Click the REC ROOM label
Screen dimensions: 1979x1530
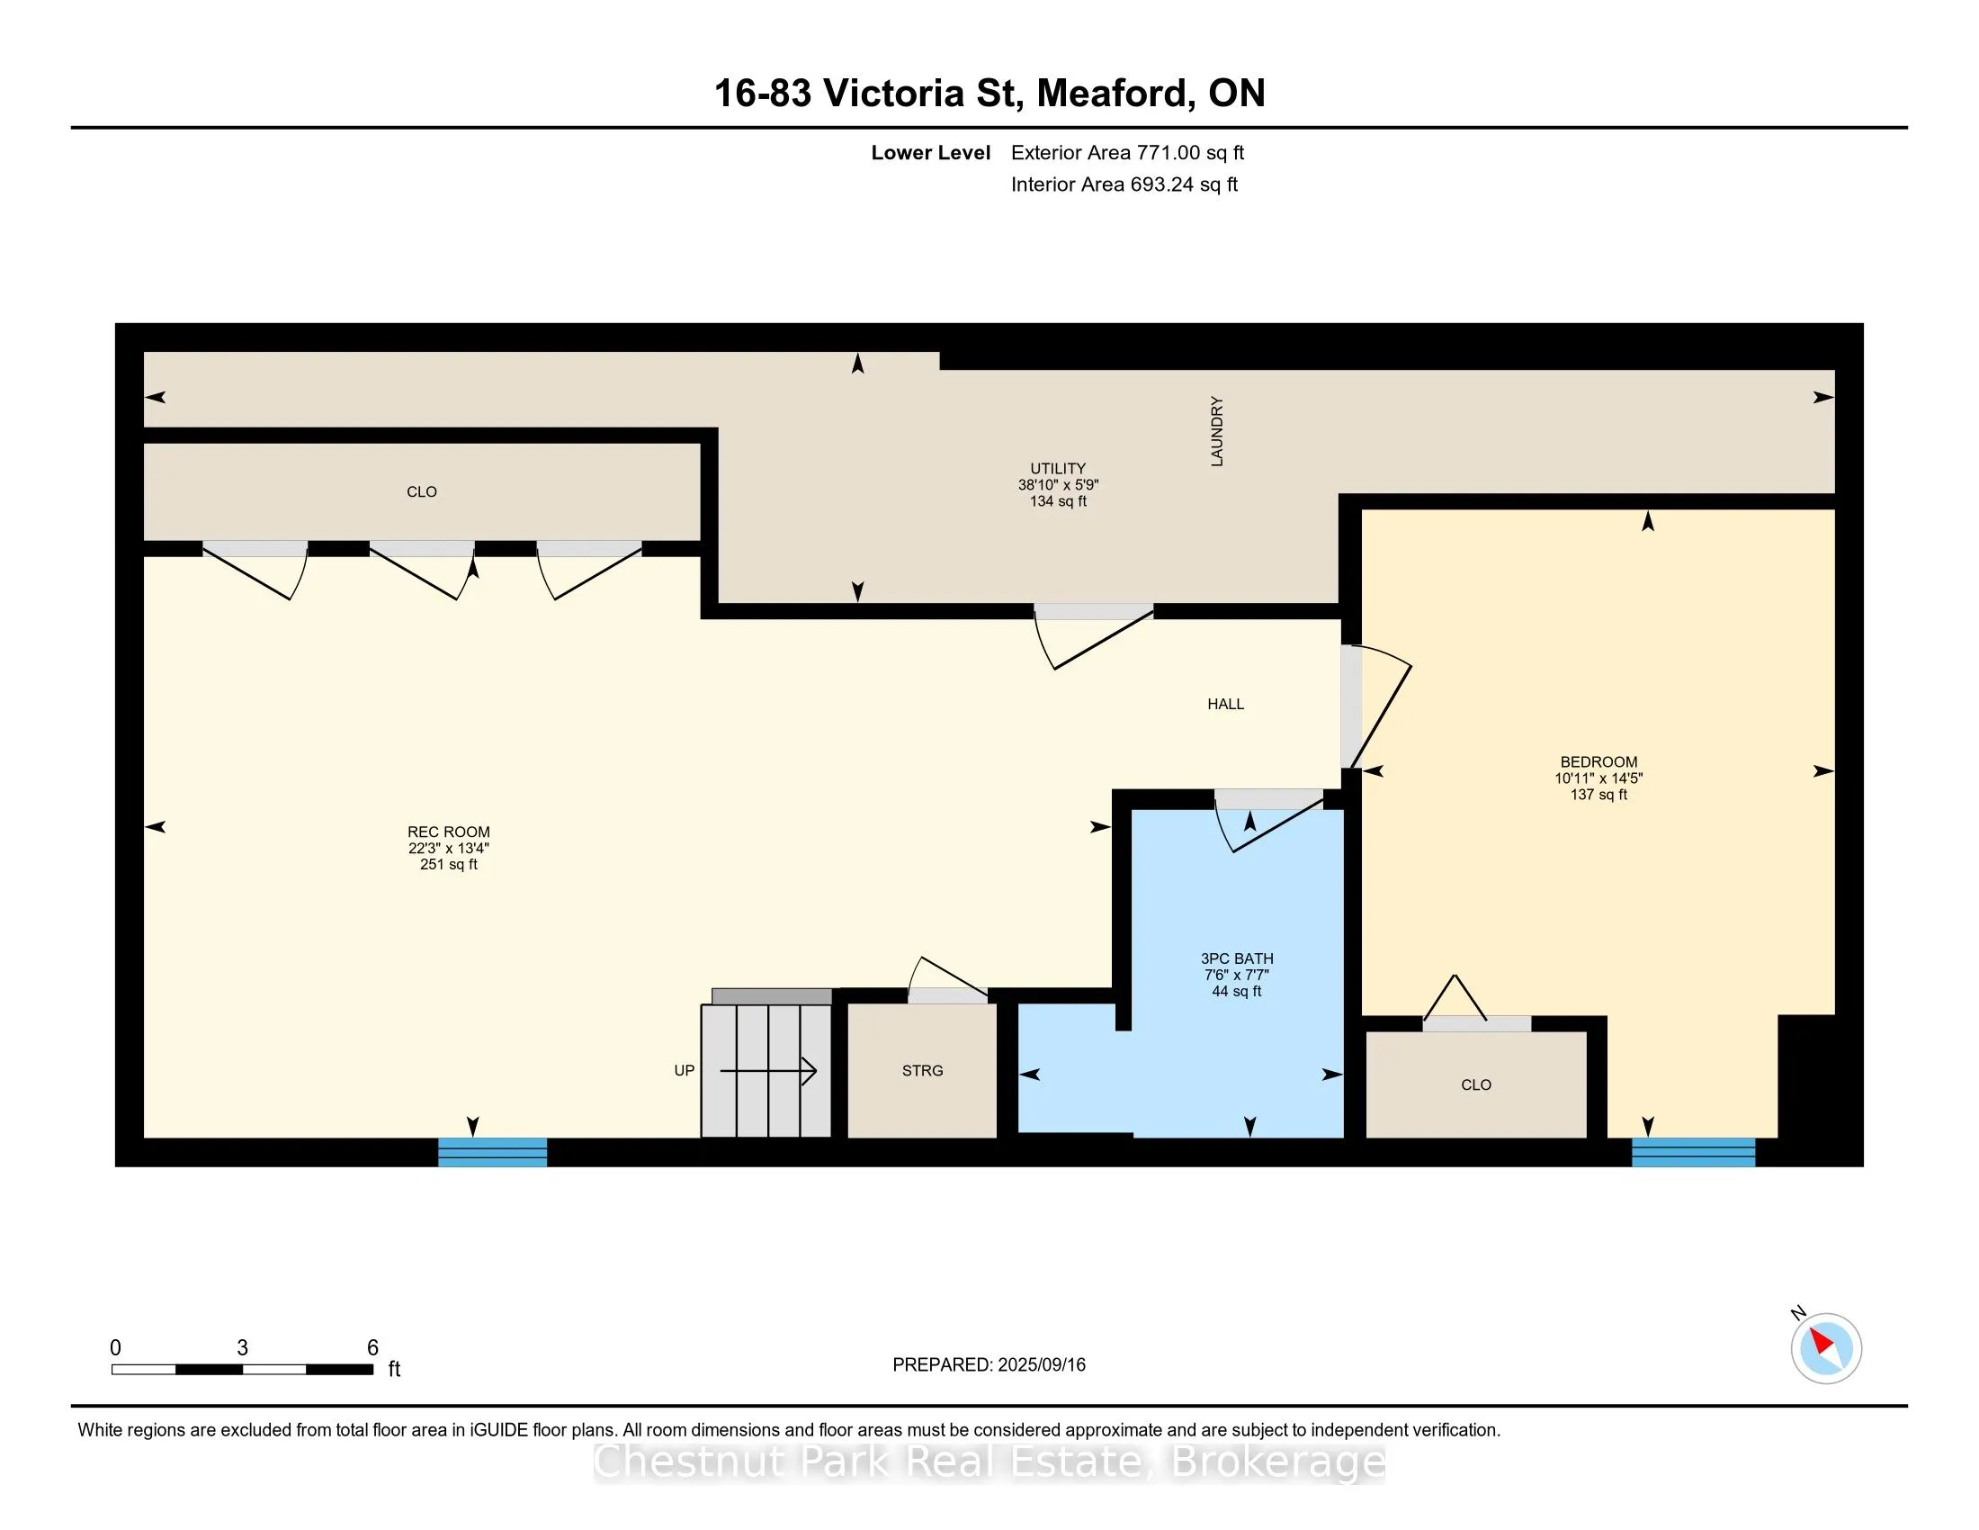[x=449, y=832]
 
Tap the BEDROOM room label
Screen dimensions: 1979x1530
[x=1598, y=762]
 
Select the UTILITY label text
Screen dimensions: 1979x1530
[x=1058, y=469]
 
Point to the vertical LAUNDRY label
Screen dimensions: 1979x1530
[x=1217, y=431]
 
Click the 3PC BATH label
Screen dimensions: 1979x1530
[x=1237, y=959]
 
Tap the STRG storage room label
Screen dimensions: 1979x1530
[x=922, y=1070]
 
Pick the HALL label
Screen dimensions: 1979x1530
[x=1225, y=705]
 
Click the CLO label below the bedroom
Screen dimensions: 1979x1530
[x=1476, y=1085]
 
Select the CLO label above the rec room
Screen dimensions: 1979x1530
[x=421, y=492]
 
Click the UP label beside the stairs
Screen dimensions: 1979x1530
[x=685, y=1070]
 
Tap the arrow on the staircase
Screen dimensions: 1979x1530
[x=768, y=1071]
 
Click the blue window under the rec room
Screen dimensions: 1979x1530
[x=492, y=1152]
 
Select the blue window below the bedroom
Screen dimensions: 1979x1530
[x=1693, y=1152]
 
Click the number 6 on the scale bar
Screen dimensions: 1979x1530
[x=372, y=1348]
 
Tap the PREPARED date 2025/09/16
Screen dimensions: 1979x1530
[x=1041, y=1365]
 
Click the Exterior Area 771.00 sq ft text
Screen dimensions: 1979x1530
[x=1127, y=153]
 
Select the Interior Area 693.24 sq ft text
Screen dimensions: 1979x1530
[x=1124, y=184]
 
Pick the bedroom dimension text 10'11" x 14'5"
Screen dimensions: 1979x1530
[x=1598, y=778]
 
